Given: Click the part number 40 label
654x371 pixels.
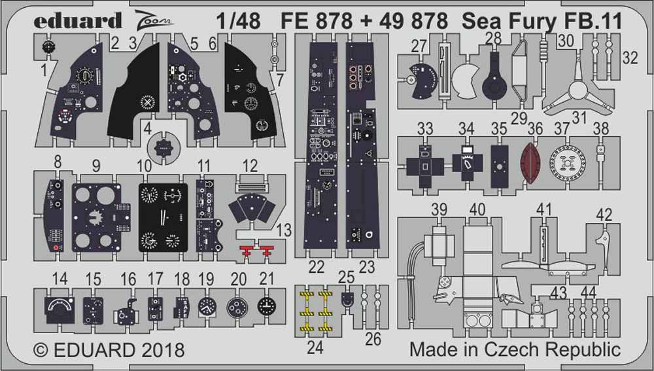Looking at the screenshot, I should point(477,209).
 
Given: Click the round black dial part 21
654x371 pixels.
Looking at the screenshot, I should point(266,306).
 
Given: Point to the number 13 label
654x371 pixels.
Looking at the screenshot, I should point(284,230).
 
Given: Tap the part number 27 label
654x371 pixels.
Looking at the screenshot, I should point(419,46).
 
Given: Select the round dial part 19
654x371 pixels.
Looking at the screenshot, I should point(207,306).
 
